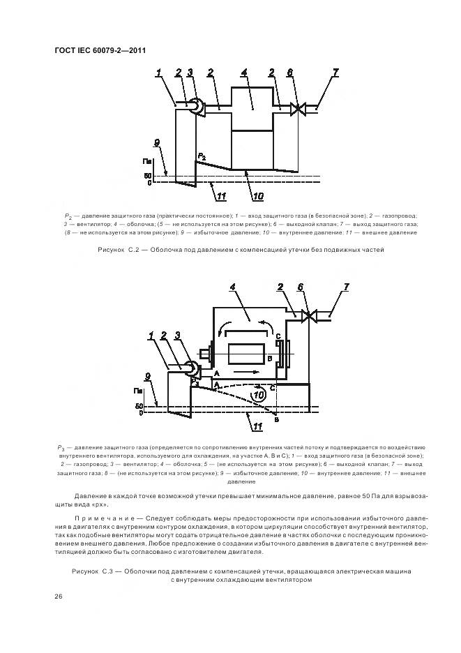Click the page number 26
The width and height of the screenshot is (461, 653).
click(59, 596)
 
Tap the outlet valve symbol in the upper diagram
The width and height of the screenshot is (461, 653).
click(297, 109)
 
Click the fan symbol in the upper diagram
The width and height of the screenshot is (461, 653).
click(197, 107)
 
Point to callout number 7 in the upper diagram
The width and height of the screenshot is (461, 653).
click(335, 72)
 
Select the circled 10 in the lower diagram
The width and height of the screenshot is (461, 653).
click(258, 395)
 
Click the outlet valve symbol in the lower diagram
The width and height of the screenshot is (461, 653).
click(307, 316)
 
